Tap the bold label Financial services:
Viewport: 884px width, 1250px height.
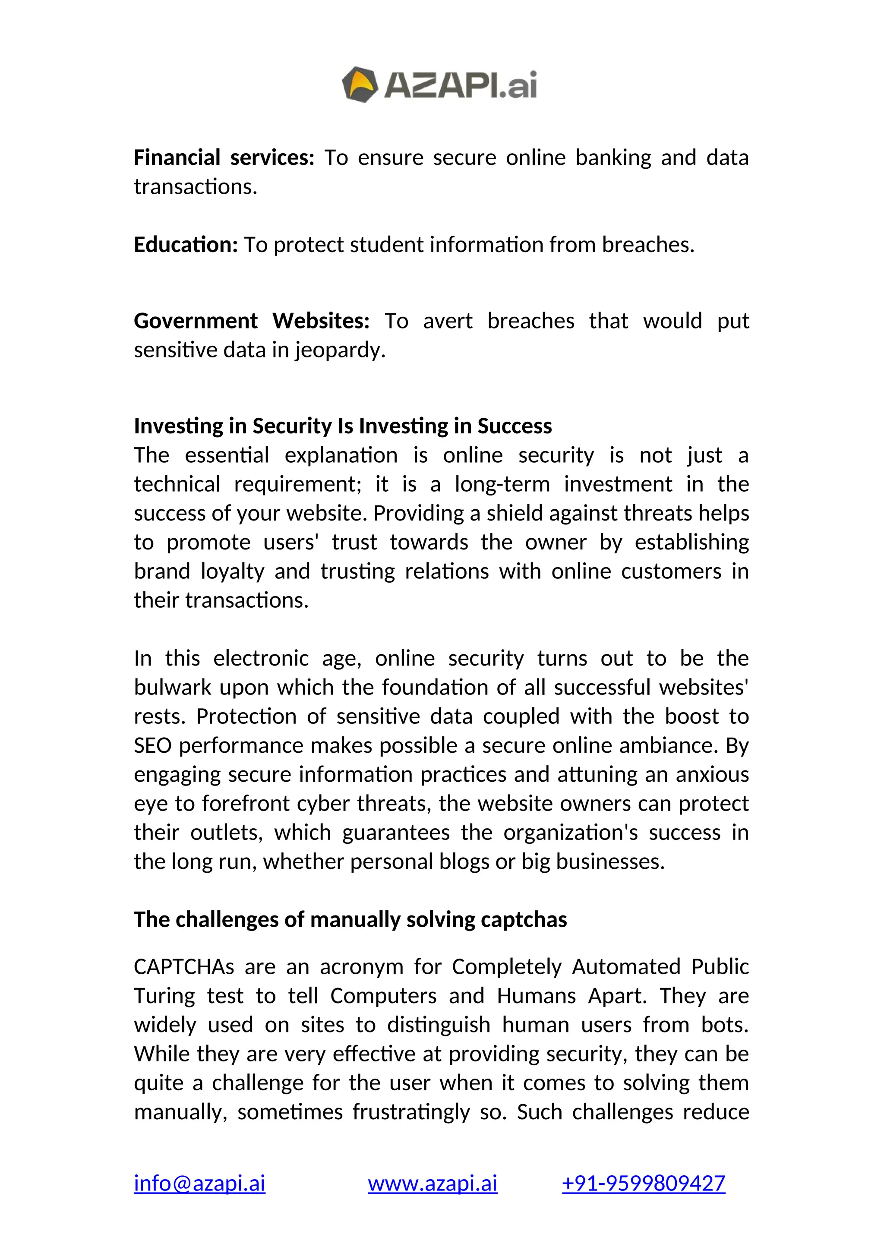pos(224,158)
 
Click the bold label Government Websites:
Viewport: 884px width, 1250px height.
pos(252,321)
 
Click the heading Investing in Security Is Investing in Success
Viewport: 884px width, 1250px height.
pos(342,426)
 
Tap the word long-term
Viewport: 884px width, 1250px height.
pos(502,484)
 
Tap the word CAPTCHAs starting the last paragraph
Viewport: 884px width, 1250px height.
pos(184,967)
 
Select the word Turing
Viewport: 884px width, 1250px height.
pos(164,996)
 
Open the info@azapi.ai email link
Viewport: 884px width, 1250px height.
pos(199,1184)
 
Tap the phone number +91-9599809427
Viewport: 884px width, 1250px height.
pos(644,1184)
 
